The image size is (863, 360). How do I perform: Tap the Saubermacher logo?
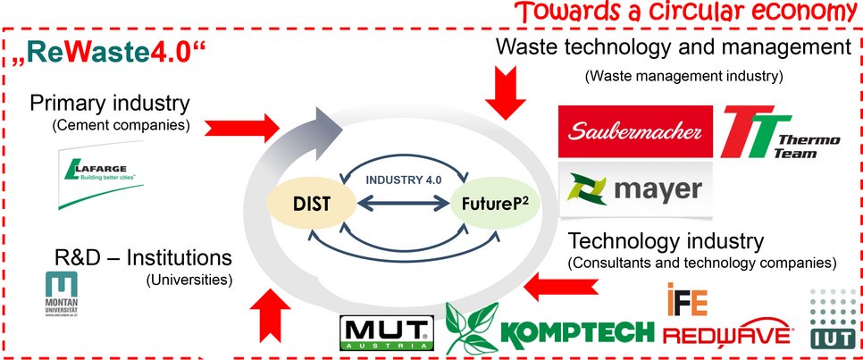coord(634,131)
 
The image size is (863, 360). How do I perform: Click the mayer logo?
coord(634,189)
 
